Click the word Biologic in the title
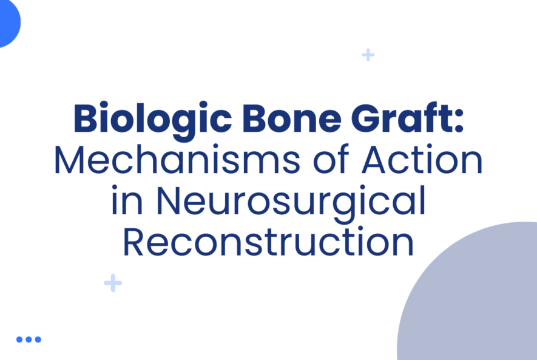(151, 119)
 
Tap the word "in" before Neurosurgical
(126, 202)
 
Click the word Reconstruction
(268, 242)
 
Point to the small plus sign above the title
(368, 55)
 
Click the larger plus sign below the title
(113, 283)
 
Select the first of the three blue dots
(19, 339)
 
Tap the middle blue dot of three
(29, 339)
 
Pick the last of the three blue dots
(38, 339)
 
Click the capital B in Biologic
(85, 119)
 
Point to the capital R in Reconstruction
(135, 242)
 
